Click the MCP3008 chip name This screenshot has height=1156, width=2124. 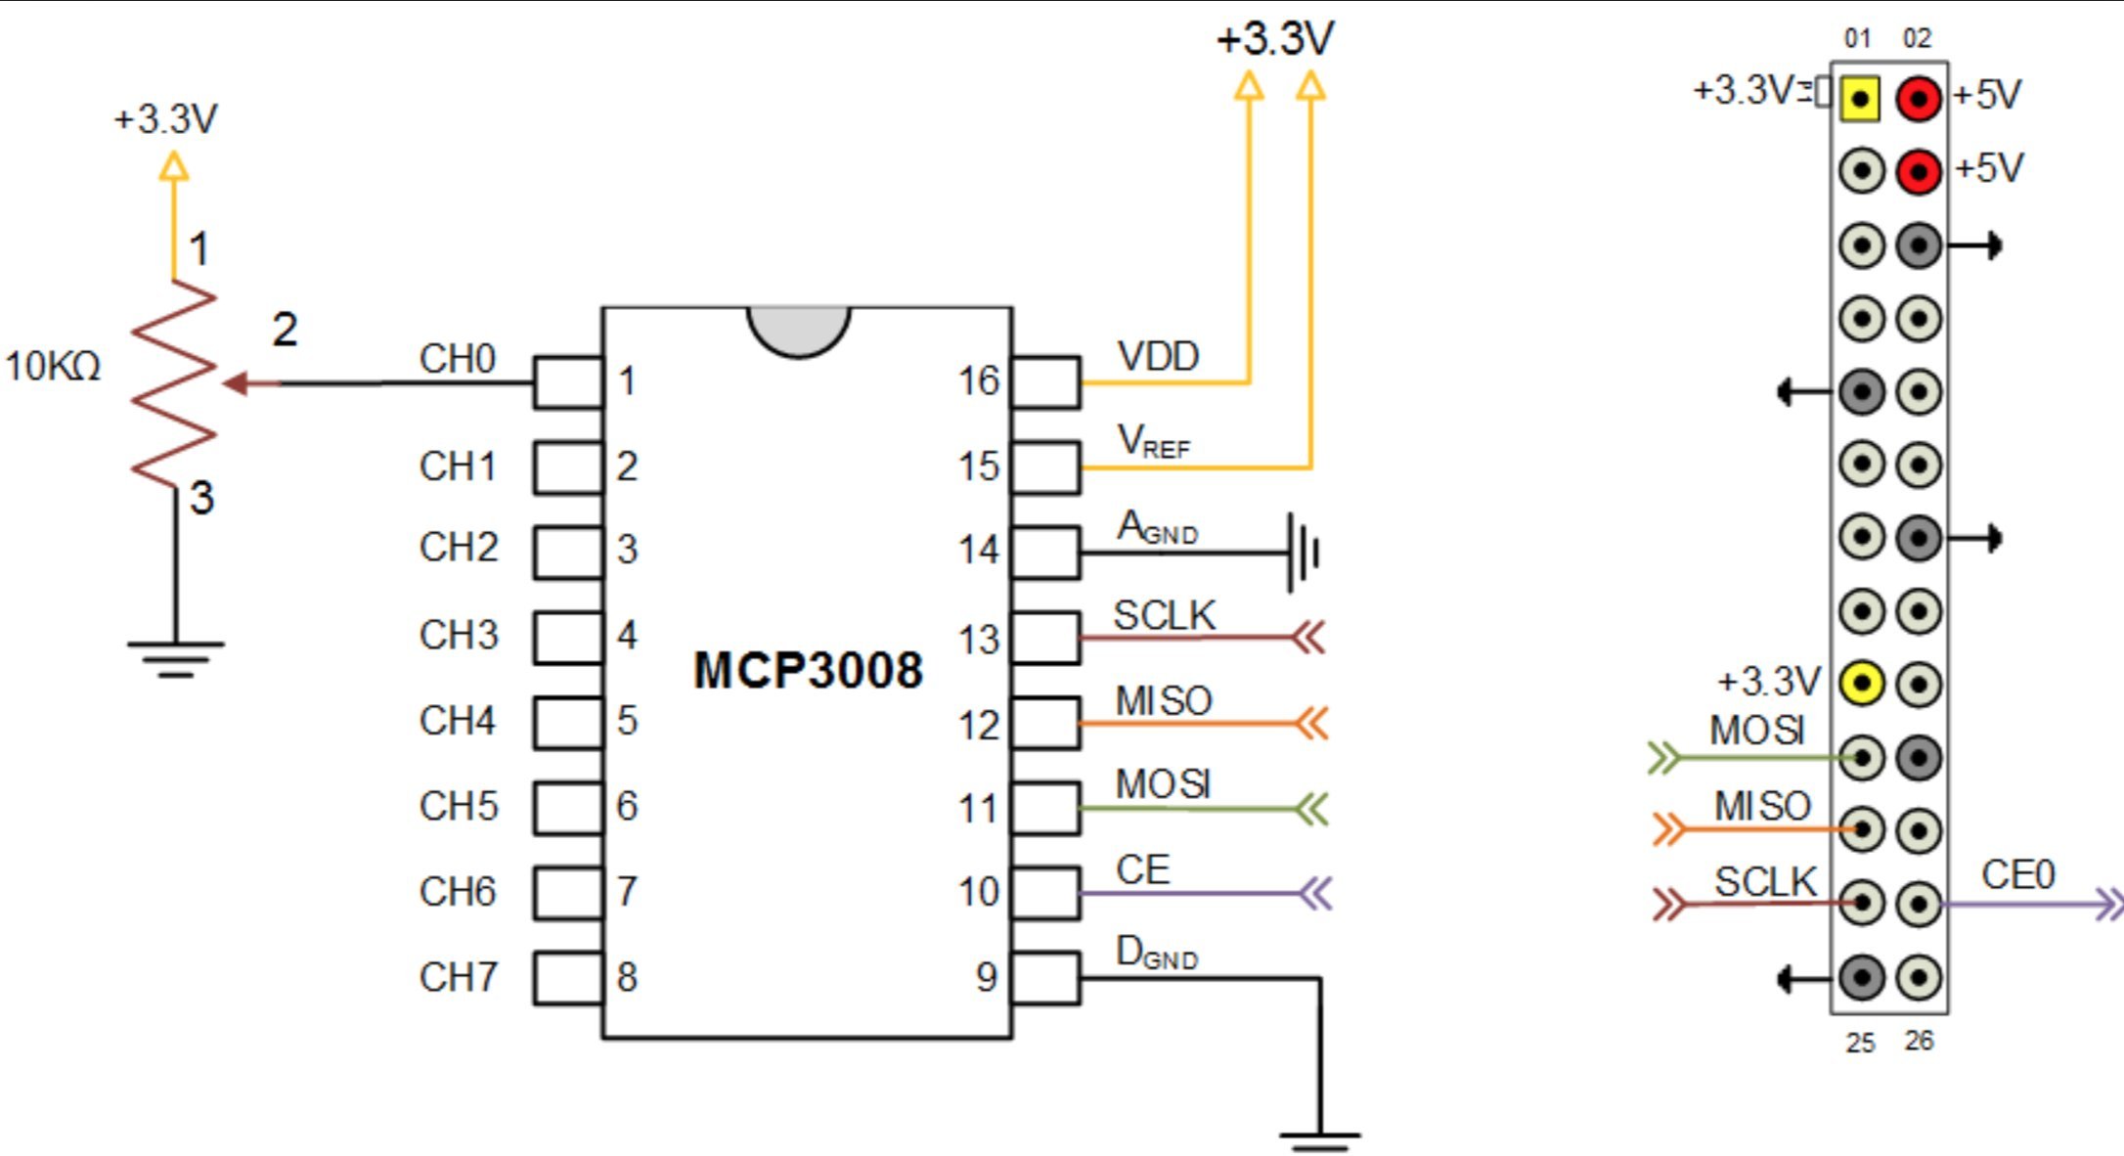[x=808, y=671]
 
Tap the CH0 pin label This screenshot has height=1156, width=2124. [x=458, y=359]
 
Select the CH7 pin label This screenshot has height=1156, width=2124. [x=458, y=977]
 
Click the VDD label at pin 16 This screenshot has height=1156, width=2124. [x=1158, y=357]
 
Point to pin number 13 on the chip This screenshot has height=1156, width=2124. [x=979, y=640]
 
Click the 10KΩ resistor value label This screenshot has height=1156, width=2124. [x=53, y=367]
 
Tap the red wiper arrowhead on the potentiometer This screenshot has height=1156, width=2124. [x=236, y=383]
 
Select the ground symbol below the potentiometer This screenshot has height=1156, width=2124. [x=175, y=658]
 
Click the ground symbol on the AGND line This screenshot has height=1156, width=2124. [x=1305, y=553]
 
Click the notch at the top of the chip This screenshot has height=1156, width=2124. [x=799, y=330]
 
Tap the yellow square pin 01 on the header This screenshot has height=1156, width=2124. [x=1860, y=98]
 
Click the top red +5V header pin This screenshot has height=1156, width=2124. [x=1919, y=98]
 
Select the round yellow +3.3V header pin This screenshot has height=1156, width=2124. [x=1861, y=683]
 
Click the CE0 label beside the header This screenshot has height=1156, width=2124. [x=2018, y=874]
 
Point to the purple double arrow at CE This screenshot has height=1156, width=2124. [x=1316, y=893]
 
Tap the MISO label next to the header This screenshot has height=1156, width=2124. [x=1762, y=806]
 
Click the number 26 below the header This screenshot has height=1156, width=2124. [x=1919, y=1041]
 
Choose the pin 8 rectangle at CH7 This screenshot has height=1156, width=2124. [x=568, y=977]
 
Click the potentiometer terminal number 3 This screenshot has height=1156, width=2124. [x=201, y=498]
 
